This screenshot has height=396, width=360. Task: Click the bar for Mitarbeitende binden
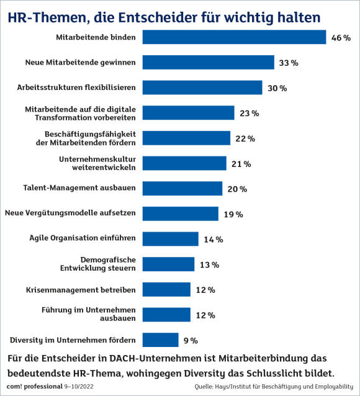pos(234,37)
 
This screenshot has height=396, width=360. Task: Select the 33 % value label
pos(289,63)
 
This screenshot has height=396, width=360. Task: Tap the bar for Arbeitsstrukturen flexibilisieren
pos(202,88)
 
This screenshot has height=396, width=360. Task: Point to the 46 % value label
pos(341,38)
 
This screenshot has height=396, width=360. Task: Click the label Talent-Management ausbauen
pos(79,188)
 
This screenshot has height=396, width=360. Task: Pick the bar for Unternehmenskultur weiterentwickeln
pos(184,163)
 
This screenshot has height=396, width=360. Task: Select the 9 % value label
pos(191,340)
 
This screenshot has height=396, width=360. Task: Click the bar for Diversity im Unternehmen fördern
pos(160,340)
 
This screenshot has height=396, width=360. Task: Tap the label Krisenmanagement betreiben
pos(81,290)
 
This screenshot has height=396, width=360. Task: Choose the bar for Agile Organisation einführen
pos(171,239)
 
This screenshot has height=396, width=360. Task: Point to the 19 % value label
pos(233,214)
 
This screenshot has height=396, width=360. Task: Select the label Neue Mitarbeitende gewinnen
pos(80,63)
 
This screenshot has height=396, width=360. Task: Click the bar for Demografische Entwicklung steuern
pos(168,264)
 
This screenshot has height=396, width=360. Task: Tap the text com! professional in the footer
pos(35,387)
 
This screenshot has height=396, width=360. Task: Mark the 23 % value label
pos(250,113)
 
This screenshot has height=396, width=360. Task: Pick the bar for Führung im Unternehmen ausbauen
pos(166,315)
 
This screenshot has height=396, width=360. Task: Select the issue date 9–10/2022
pos(79,387)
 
